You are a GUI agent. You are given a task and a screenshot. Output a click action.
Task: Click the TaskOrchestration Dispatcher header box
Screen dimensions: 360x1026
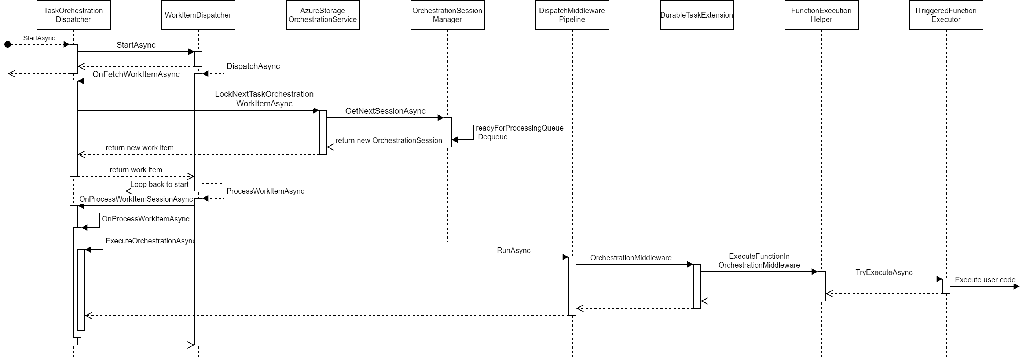(73, 15)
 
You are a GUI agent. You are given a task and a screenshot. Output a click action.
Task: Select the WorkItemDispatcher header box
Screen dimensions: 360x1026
(198, 15)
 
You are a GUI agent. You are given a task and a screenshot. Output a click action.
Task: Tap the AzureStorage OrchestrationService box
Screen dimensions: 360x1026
(323, 15)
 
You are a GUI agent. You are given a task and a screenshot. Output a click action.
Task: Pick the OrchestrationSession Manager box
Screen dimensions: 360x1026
(447, 15)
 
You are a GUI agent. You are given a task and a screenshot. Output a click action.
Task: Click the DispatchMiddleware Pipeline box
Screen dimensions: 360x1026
(572, 15)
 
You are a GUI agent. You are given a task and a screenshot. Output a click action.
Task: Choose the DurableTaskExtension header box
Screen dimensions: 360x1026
(697, 15)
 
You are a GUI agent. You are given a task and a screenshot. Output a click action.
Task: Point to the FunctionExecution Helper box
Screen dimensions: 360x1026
(821, 15)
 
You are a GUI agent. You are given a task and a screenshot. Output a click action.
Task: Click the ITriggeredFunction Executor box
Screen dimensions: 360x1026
(946, 15)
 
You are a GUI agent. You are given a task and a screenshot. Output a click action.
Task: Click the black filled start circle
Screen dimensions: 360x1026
(8, 44)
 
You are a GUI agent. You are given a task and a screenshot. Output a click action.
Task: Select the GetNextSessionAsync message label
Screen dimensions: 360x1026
(385, 111)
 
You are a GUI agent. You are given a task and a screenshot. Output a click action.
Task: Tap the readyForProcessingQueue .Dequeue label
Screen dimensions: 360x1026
(519, 132)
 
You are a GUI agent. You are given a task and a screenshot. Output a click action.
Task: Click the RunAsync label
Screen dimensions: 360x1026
(513, 250)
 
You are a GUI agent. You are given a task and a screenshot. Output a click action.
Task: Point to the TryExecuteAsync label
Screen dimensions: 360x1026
(884, 272)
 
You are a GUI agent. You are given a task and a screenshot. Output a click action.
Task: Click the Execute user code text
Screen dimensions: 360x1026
(985, 280)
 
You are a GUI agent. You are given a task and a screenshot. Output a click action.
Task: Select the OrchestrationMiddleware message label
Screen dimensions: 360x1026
(630, 258)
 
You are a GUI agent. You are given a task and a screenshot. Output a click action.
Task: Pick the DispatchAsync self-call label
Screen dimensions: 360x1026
(253, 66)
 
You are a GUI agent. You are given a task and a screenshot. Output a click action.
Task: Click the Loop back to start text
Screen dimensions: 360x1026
(159, 184)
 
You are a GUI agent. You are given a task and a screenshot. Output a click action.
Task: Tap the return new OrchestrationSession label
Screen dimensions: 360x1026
(389, 140)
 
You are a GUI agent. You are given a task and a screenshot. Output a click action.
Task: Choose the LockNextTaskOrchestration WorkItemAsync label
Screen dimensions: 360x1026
(264, 99)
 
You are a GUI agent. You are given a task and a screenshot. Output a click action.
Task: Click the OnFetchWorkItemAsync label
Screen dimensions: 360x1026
(136, 74)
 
